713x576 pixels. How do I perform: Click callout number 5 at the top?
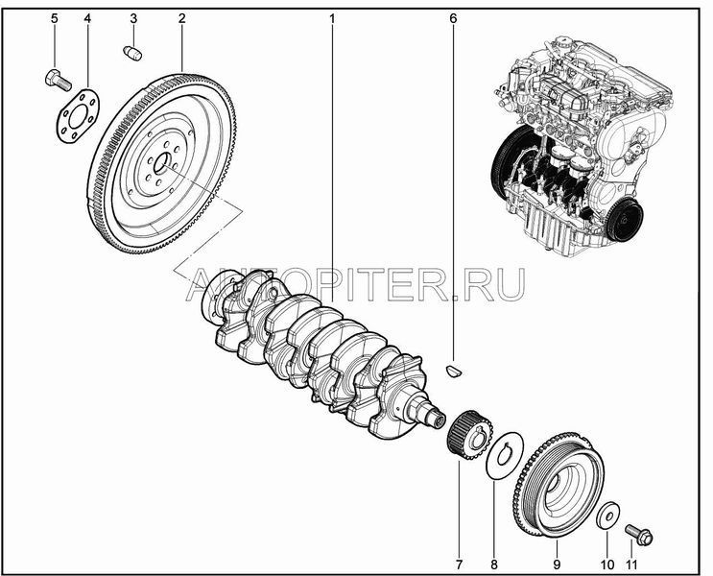coord(55,18)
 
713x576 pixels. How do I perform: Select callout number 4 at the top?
coord(87,18)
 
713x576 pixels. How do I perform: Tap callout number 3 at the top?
coord(133,18)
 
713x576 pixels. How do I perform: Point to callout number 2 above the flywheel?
coord(182,18)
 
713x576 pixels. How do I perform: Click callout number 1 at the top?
coord(332,18)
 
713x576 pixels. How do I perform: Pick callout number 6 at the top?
coord(453,18)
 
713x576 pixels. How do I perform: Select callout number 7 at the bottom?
coord(459,564)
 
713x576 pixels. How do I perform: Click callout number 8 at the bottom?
coord(494,564)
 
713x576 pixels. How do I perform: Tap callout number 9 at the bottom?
coord(557,564)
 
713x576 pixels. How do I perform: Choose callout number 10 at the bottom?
coord(607,564)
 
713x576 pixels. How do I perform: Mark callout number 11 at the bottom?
coord(631,564)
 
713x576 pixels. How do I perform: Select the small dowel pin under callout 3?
coord(132,53)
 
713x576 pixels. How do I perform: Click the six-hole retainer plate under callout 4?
coord(78,116)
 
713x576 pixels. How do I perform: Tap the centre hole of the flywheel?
coord(162,163)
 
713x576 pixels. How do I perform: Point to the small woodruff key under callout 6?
coord(453,371)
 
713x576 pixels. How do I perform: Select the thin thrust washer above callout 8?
coord(505,455)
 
